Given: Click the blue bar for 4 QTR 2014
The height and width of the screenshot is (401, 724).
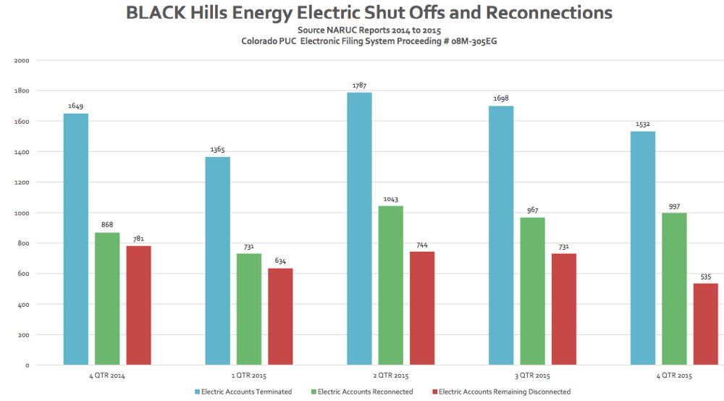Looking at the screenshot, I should (x=76, y=239).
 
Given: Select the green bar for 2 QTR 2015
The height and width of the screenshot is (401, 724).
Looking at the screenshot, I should (x=391, y=285).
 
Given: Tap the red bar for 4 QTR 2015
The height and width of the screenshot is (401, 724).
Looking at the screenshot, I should (x=706, y=324).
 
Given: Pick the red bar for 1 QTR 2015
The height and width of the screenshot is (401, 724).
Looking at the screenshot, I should (x=280, y=316).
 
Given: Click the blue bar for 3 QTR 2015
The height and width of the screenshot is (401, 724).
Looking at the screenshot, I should (x=501, y=235).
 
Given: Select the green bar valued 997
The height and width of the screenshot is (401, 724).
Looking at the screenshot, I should (x=674, y=289).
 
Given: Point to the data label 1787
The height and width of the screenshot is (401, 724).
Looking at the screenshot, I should (x=360, y=85).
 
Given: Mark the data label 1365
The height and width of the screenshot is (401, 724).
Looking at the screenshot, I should (x=218, y=150).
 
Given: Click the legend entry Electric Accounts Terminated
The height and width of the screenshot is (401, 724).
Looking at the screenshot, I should (x=246, y=392).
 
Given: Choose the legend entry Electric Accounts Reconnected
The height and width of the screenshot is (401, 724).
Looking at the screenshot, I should (x=365, y=392).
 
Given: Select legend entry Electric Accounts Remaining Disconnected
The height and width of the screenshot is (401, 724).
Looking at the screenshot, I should (x=504, y=392).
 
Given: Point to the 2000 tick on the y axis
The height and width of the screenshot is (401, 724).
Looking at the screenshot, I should (x=22, y=61).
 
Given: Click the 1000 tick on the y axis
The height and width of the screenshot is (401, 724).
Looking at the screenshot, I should (x=22, y=213).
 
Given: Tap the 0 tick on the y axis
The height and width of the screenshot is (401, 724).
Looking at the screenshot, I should (x=27, y=366).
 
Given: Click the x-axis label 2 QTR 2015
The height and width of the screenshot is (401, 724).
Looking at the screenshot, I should (x=391, y=376).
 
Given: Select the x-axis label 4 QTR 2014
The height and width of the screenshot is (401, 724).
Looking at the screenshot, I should (x=107, y=376).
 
